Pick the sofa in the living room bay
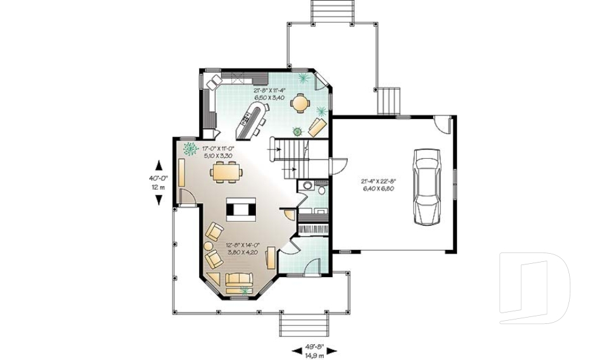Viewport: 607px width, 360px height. point(239,278)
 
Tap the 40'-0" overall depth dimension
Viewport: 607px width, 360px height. point(157,182)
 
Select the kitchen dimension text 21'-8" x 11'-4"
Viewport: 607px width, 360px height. point(270,95)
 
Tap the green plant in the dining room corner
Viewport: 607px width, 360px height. point(188,149)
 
